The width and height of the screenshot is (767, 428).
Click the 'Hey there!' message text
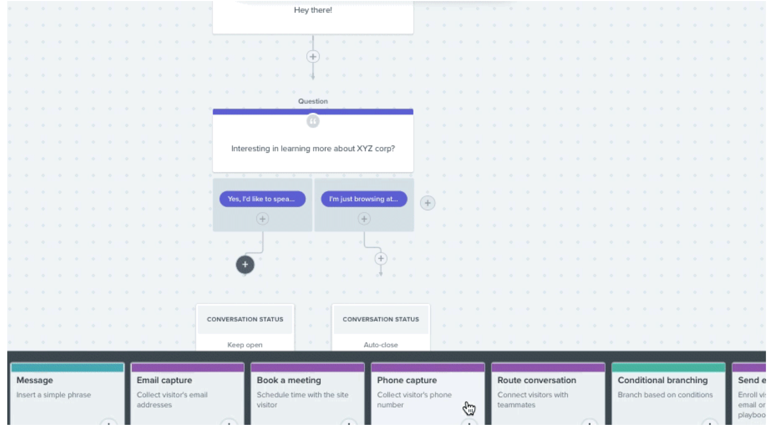pos(312,10)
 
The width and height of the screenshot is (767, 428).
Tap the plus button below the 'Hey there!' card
pos(312,57)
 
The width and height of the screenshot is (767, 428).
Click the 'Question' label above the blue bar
pos(312,101)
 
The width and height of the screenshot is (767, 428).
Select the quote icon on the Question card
pos(312,122)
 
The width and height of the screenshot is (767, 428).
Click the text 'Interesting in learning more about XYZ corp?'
pos(312,149)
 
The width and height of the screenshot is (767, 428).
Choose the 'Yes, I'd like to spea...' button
pos(262,199)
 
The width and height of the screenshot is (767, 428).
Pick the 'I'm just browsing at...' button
pos(364,199)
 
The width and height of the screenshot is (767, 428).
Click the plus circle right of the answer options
pos(427,203)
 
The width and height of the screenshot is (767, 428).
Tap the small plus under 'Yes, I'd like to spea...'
pos(262,219)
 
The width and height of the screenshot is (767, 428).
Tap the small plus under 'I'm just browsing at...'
pos(364,219)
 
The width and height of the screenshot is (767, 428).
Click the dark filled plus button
pos(245,265)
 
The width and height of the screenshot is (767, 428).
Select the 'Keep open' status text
pos(245,345)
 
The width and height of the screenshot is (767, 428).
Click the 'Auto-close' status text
pos(380,345)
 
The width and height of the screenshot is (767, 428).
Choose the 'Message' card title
pos(35,380)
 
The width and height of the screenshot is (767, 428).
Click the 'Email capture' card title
pos(164,380)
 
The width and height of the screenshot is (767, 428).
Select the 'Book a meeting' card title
pos(289,380)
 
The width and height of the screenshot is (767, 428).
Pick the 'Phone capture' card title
pos(407,380)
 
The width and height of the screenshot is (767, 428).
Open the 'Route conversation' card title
pos(537,380)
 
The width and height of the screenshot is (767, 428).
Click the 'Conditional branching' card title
pos(662,380)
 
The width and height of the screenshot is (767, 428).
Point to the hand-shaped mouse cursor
pos(469,408)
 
